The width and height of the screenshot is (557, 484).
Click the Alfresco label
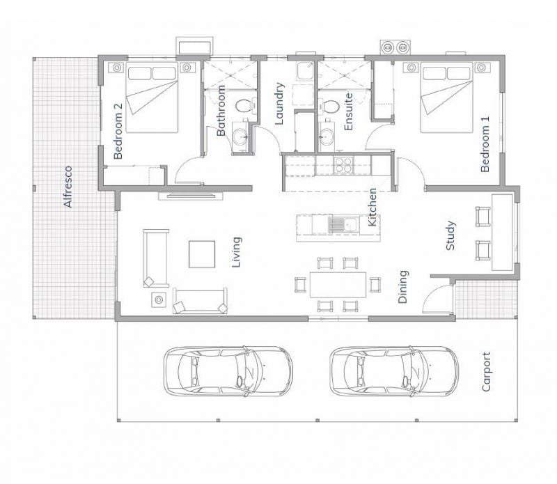pos(68,187)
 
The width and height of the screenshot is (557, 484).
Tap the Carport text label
pos(486,372)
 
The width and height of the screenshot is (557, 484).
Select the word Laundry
pos(280,103)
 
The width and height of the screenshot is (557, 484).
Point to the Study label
pos(450,235)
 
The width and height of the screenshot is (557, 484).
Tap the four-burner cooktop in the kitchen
pos(343,165)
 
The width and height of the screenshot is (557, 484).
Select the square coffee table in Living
pos(202,254)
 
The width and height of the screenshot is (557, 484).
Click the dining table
pos(338,285)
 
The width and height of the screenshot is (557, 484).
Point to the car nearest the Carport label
pos(394,371)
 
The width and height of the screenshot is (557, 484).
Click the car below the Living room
pos(228,371)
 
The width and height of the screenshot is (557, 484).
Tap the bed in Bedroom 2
pos(152,97)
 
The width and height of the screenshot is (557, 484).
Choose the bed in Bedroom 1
pos(447,97)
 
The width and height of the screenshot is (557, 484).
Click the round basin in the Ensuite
pos(326,136)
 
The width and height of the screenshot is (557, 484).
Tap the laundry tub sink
pos(305,71)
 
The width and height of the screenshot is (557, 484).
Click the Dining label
pos(403,287)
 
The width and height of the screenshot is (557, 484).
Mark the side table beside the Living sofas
pos(159,299)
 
